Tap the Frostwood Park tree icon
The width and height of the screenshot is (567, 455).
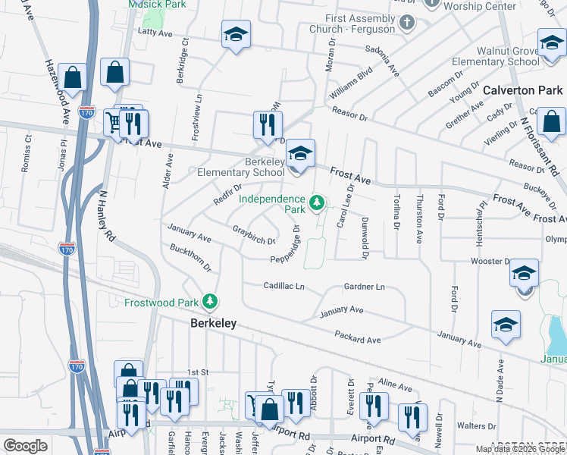(x=210, y=303)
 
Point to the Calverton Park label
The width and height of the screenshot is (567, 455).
(x=523, y=90)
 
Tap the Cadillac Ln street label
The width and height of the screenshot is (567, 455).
(x=283, y=287)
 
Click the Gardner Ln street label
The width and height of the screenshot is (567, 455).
(x=365, y=287)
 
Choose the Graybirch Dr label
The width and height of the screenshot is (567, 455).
(x=253, y=235)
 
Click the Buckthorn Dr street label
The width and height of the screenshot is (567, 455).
(x=190, y=259)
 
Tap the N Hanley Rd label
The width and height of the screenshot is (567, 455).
(x=105, y=214)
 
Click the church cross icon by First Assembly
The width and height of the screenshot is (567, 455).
(x=407, y=21)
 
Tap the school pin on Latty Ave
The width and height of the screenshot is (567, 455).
(x=236, y=35)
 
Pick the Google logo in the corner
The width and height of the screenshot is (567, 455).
(x=25, y=446)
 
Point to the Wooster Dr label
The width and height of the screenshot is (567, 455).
(x=490, y=261)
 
